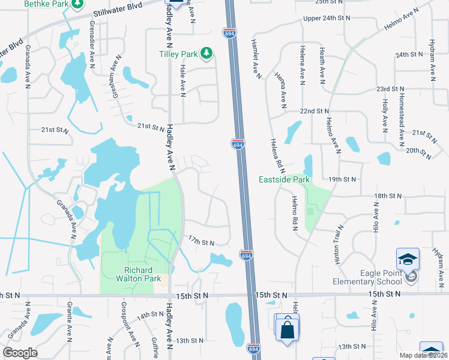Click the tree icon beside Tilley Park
pos(206,54)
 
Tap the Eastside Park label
pos(284,179)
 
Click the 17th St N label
pos(201,242)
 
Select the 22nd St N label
pos(315,112)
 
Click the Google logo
pos(20,352)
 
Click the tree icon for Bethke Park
pos(77,5)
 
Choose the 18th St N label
pos(387,196)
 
